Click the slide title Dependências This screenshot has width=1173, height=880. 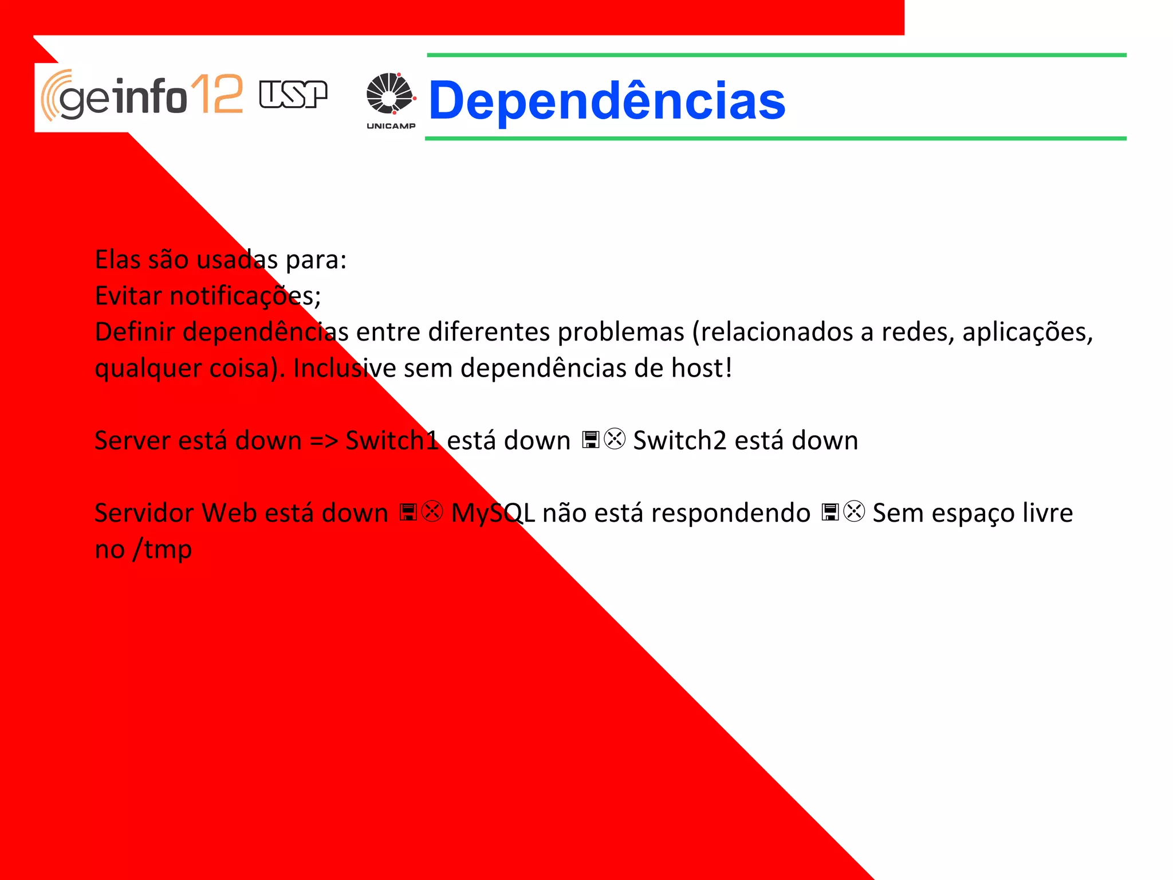click(607, 101)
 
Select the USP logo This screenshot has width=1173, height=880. click(293, 95)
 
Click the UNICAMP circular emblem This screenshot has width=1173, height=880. click(389, 93)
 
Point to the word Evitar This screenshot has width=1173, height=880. click(128, 296)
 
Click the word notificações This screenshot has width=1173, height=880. click(245, 296)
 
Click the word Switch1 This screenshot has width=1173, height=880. click(392, 441)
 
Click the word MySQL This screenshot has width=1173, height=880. click(493, 513)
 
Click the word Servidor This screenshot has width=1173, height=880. click(144, 513)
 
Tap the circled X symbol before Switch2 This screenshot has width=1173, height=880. click(615, 440)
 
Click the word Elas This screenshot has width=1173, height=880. click(117, 260)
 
